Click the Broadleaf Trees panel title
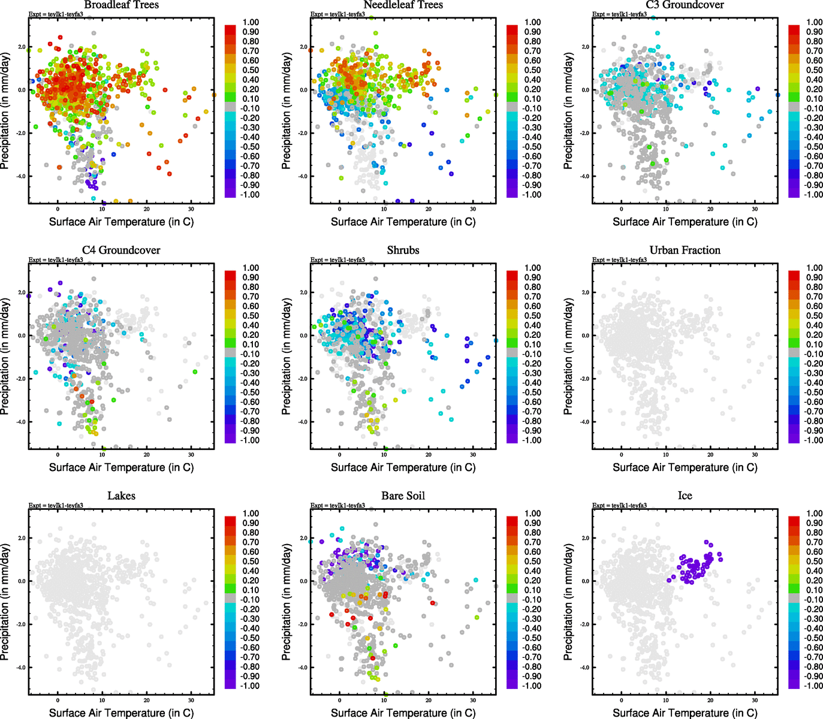121,5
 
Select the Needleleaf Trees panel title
403,5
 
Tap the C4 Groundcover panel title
121,250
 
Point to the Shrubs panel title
403,250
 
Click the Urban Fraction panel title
685,250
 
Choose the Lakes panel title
121,496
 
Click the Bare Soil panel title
403,496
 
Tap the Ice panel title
685,496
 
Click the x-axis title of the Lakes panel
121,713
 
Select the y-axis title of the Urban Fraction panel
568,357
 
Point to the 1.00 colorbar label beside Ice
815,513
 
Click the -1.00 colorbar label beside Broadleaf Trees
250,195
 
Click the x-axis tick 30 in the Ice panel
755,700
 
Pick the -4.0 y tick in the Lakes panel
21,667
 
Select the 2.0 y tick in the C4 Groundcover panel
22,292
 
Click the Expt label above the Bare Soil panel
337,506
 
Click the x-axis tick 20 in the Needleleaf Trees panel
429,209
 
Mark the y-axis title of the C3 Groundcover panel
568,111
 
